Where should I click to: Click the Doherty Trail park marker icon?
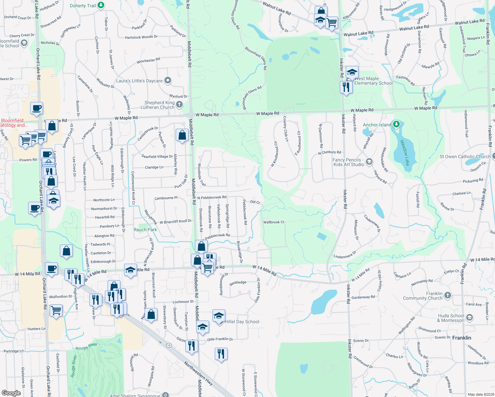coord(101,5)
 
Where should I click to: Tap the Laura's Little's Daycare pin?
coord(168,80)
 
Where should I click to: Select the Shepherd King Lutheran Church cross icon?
coord(179,105)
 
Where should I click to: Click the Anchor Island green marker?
coord(396,124)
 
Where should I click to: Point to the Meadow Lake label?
coord(405,153)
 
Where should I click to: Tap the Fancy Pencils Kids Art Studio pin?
coord(369,162)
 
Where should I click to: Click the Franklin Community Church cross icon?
coord(448,295)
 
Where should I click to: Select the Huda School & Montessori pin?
coord(470,318)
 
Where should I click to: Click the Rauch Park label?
coord(145,230)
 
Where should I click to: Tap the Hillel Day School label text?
coord(242,322)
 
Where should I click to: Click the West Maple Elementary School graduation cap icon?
coord(352,72)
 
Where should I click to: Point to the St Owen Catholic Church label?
coord(465,156)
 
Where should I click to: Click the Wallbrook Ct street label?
coord(274,222)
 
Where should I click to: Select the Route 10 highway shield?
coord(169,345)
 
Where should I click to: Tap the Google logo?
coord(11,393)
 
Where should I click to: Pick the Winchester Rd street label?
coord(148,61)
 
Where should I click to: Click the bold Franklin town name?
coord(462,338)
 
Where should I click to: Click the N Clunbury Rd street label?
coord(329,153)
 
